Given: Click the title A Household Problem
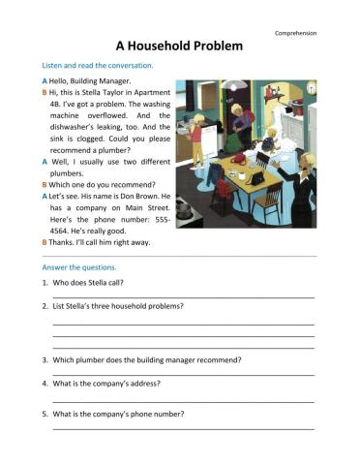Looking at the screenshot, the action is pos(179,46).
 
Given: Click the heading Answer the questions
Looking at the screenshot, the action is pos(79,266).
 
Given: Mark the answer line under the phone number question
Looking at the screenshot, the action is pos(183,427).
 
